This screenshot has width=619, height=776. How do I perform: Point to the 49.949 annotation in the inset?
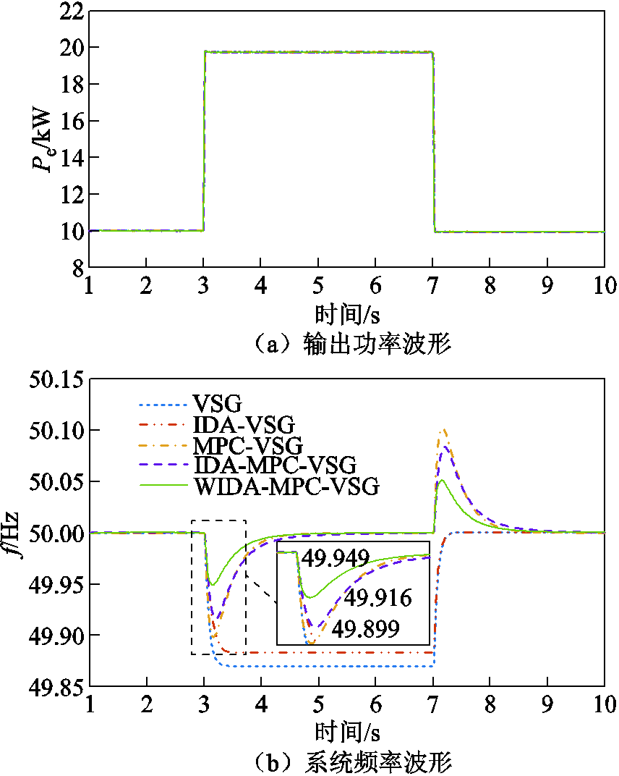[x=336, y=557]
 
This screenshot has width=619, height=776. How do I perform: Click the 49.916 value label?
[x=377, y=598]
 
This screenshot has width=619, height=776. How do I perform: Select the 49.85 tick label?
[x=55, y=686]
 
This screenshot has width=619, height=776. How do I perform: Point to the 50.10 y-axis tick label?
[x=55, y=431]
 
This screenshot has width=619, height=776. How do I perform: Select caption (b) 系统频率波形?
[x=346, y=762]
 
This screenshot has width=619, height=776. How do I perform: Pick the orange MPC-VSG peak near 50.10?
[x=443, y=431]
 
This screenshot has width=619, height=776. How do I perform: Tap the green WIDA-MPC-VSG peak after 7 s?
[x=441, y=480]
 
